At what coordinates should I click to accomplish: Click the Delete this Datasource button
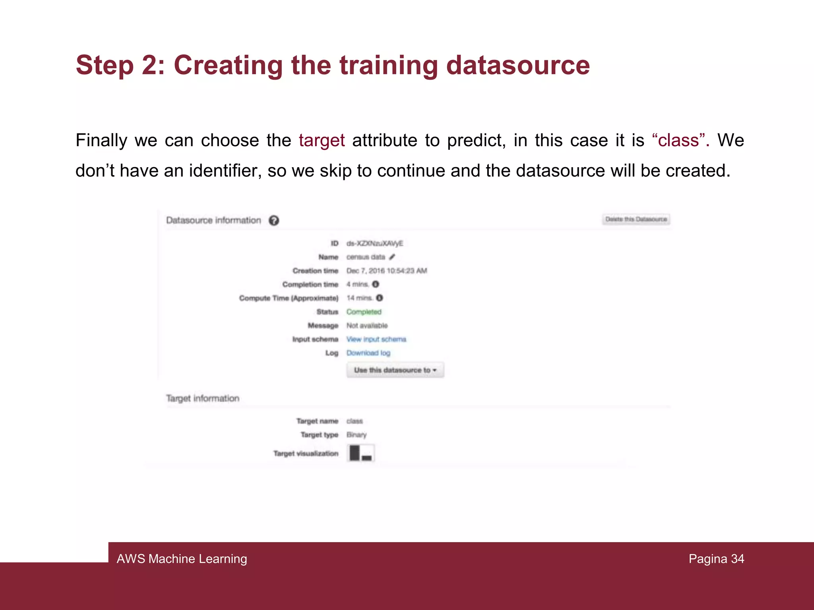[x=636, y=219]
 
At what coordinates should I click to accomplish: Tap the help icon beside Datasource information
[x=274, y=220]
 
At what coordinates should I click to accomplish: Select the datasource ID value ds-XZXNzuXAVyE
[x=374, y=243]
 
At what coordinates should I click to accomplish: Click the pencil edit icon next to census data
[x=392, y=257]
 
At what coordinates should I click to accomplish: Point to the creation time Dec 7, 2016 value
[x=386, y=271]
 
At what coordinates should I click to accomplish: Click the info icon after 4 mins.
[x=376, y=284]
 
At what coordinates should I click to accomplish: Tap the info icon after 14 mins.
[x=380, y=298]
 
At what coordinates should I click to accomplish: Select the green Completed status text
[x=364, y=312]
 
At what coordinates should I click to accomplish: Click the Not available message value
[x=367, y=326]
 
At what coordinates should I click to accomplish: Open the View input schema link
[x=376, y=339]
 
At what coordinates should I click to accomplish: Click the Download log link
[x=368, y=353]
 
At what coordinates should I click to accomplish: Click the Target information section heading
[x=203, y=398]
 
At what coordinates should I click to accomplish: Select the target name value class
[x=355, y=421]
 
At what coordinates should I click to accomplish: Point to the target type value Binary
[x=356, y=435]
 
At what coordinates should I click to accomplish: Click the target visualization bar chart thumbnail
[x=361, y=453]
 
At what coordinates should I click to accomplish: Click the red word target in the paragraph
[x=322, y=141]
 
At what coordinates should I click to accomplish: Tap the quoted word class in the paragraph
[x=678, y=141]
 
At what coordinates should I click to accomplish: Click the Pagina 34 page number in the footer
[x=716, y=559]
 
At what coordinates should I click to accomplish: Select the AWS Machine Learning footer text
[x=182, y=559]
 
